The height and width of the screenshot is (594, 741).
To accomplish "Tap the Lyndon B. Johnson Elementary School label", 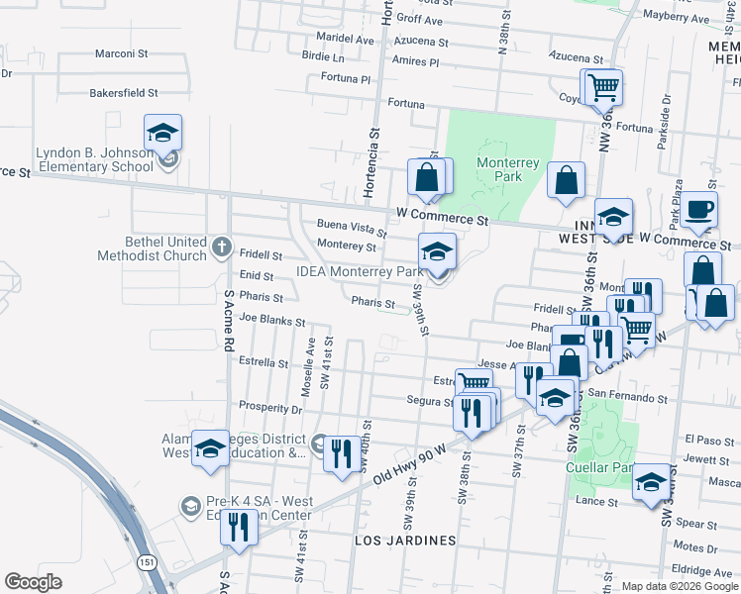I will click(x=94, y=159).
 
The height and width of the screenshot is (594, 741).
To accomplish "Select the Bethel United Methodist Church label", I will click(x=152, y=248).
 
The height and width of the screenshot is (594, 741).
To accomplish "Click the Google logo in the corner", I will click(x=33, y=582).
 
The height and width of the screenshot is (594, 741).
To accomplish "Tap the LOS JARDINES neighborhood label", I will click(x=406, y=541).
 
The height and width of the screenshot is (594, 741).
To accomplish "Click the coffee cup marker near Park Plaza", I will click(x=699, y=210).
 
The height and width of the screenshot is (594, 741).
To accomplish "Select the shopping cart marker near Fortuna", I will click(x=602, y=88).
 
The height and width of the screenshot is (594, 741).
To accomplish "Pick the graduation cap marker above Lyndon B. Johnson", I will click(x=163, y=134).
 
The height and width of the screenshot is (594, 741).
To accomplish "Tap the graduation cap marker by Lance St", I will click(x=651, y=483).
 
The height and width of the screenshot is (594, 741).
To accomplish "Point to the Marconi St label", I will click(x=122, y=53).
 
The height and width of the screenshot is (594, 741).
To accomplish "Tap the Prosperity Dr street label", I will click(x=270, y=408).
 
